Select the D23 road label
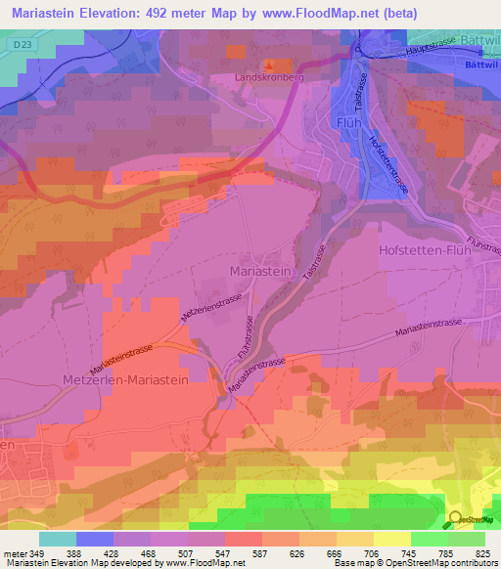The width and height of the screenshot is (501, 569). click(23, 43)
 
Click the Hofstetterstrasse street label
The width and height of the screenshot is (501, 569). click(388, 161)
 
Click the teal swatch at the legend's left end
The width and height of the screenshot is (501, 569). click(57, 538)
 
